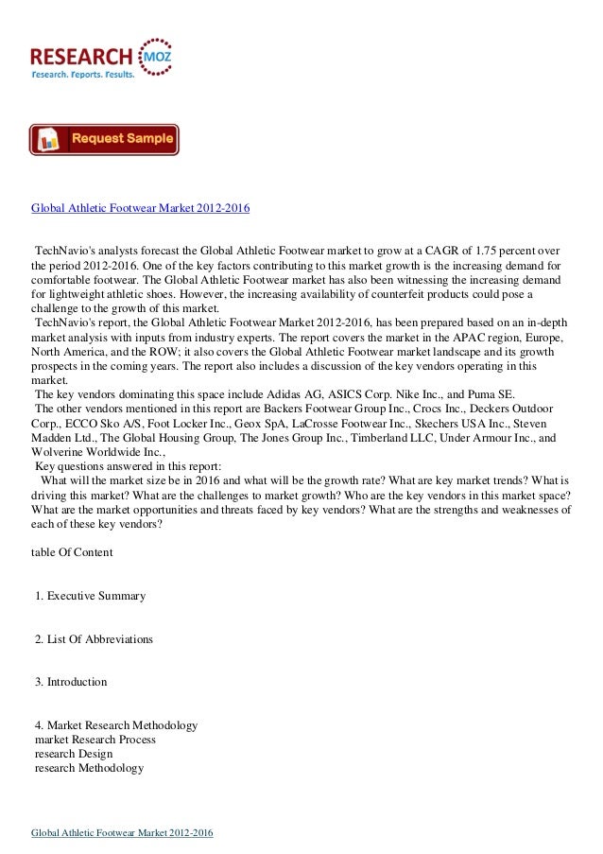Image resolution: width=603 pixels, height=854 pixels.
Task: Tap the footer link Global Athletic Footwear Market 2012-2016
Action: tap(122, 832)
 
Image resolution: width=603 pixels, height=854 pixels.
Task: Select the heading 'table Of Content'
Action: tap(72, 551)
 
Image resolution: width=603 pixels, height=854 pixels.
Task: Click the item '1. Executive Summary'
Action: tap(90, 595)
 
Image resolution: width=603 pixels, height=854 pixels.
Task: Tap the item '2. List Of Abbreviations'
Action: tap(94, 639)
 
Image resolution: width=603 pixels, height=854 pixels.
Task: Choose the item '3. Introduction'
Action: tap(71, 682)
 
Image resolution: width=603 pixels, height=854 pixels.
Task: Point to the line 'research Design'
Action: tap(74, 754)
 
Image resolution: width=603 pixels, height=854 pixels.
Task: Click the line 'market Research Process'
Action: tap(95, 740)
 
